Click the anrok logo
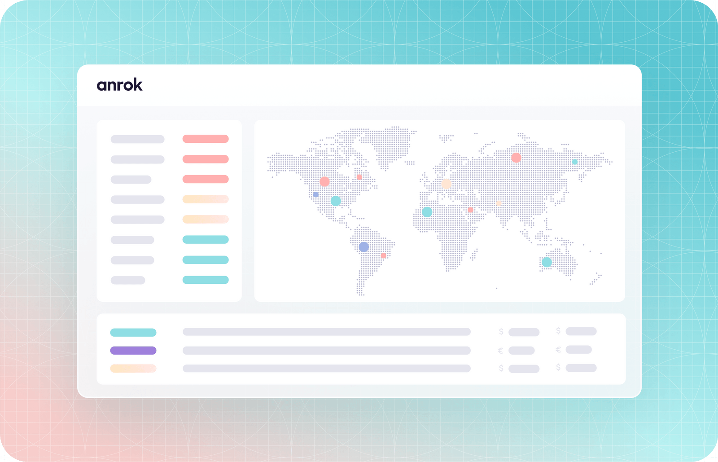[119, 85]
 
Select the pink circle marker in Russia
[516, 158]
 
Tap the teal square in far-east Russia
[575, 162]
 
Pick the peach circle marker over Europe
[446, 184]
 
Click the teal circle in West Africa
[427, 212]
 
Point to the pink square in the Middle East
[470, 210]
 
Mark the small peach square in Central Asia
[499, 203]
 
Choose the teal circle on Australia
[547, 262]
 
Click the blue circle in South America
[364, 246]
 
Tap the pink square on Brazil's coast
[383, 255]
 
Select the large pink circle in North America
[324, 181]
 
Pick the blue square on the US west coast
[316, 194]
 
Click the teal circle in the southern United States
[336, 201]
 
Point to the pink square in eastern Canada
[359, 177]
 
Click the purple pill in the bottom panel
[133, 351]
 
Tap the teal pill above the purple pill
[133, 333]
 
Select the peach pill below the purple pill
[133, 369]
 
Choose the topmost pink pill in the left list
[206, 139]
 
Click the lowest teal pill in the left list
[206, 280]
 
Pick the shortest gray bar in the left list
[128, 280]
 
